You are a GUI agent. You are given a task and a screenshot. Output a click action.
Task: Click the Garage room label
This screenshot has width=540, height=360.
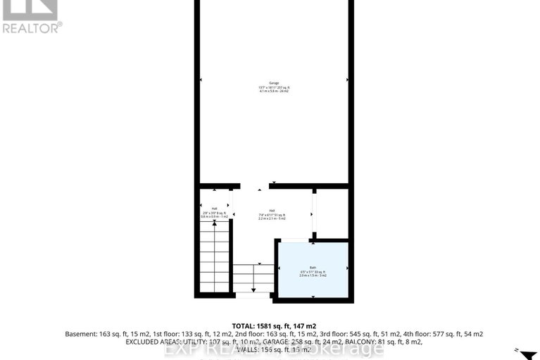tap(274, 83)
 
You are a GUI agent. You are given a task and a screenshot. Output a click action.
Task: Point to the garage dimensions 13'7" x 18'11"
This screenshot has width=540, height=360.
tap(266, 87)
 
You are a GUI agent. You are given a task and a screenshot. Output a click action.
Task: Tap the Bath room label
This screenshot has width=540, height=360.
tap(313, 268)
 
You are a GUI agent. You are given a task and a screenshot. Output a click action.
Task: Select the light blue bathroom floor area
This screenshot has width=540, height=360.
tap(313, 282)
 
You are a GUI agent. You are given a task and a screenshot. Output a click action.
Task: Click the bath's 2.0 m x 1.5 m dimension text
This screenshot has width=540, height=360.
tap(313, 276)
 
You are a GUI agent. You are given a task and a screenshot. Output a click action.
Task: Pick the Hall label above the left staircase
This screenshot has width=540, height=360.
tap(214, 209)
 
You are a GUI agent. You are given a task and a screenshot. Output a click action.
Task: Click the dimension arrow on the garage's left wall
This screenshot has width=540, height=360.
tap(201, 80)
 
